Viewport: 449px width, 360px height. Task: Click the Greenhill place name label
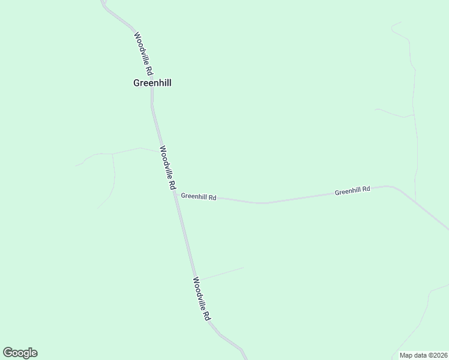click(152, 83)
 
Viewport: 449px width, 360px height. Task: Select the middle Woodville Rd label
click(167, 169)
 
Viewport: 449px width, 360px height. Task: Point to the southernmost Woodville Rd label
click(202, 298)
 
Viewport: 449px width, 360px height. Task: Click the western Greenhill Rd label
click(198, 196)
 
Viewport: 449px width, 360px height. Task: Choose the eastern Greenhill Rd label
click(352, 191)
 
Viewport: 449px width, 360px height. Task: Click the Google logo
click(20, 353)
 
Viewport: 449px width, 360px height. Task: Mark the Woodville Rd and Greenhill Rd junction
click(175, 194)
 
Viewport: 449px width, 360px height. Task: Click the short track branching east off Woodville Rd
click(222, 274)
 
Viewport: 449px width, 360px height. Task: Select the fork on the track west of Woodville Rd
click(112, 154)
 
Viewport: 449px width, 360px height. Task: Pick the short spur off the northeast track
click(393, 112)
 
